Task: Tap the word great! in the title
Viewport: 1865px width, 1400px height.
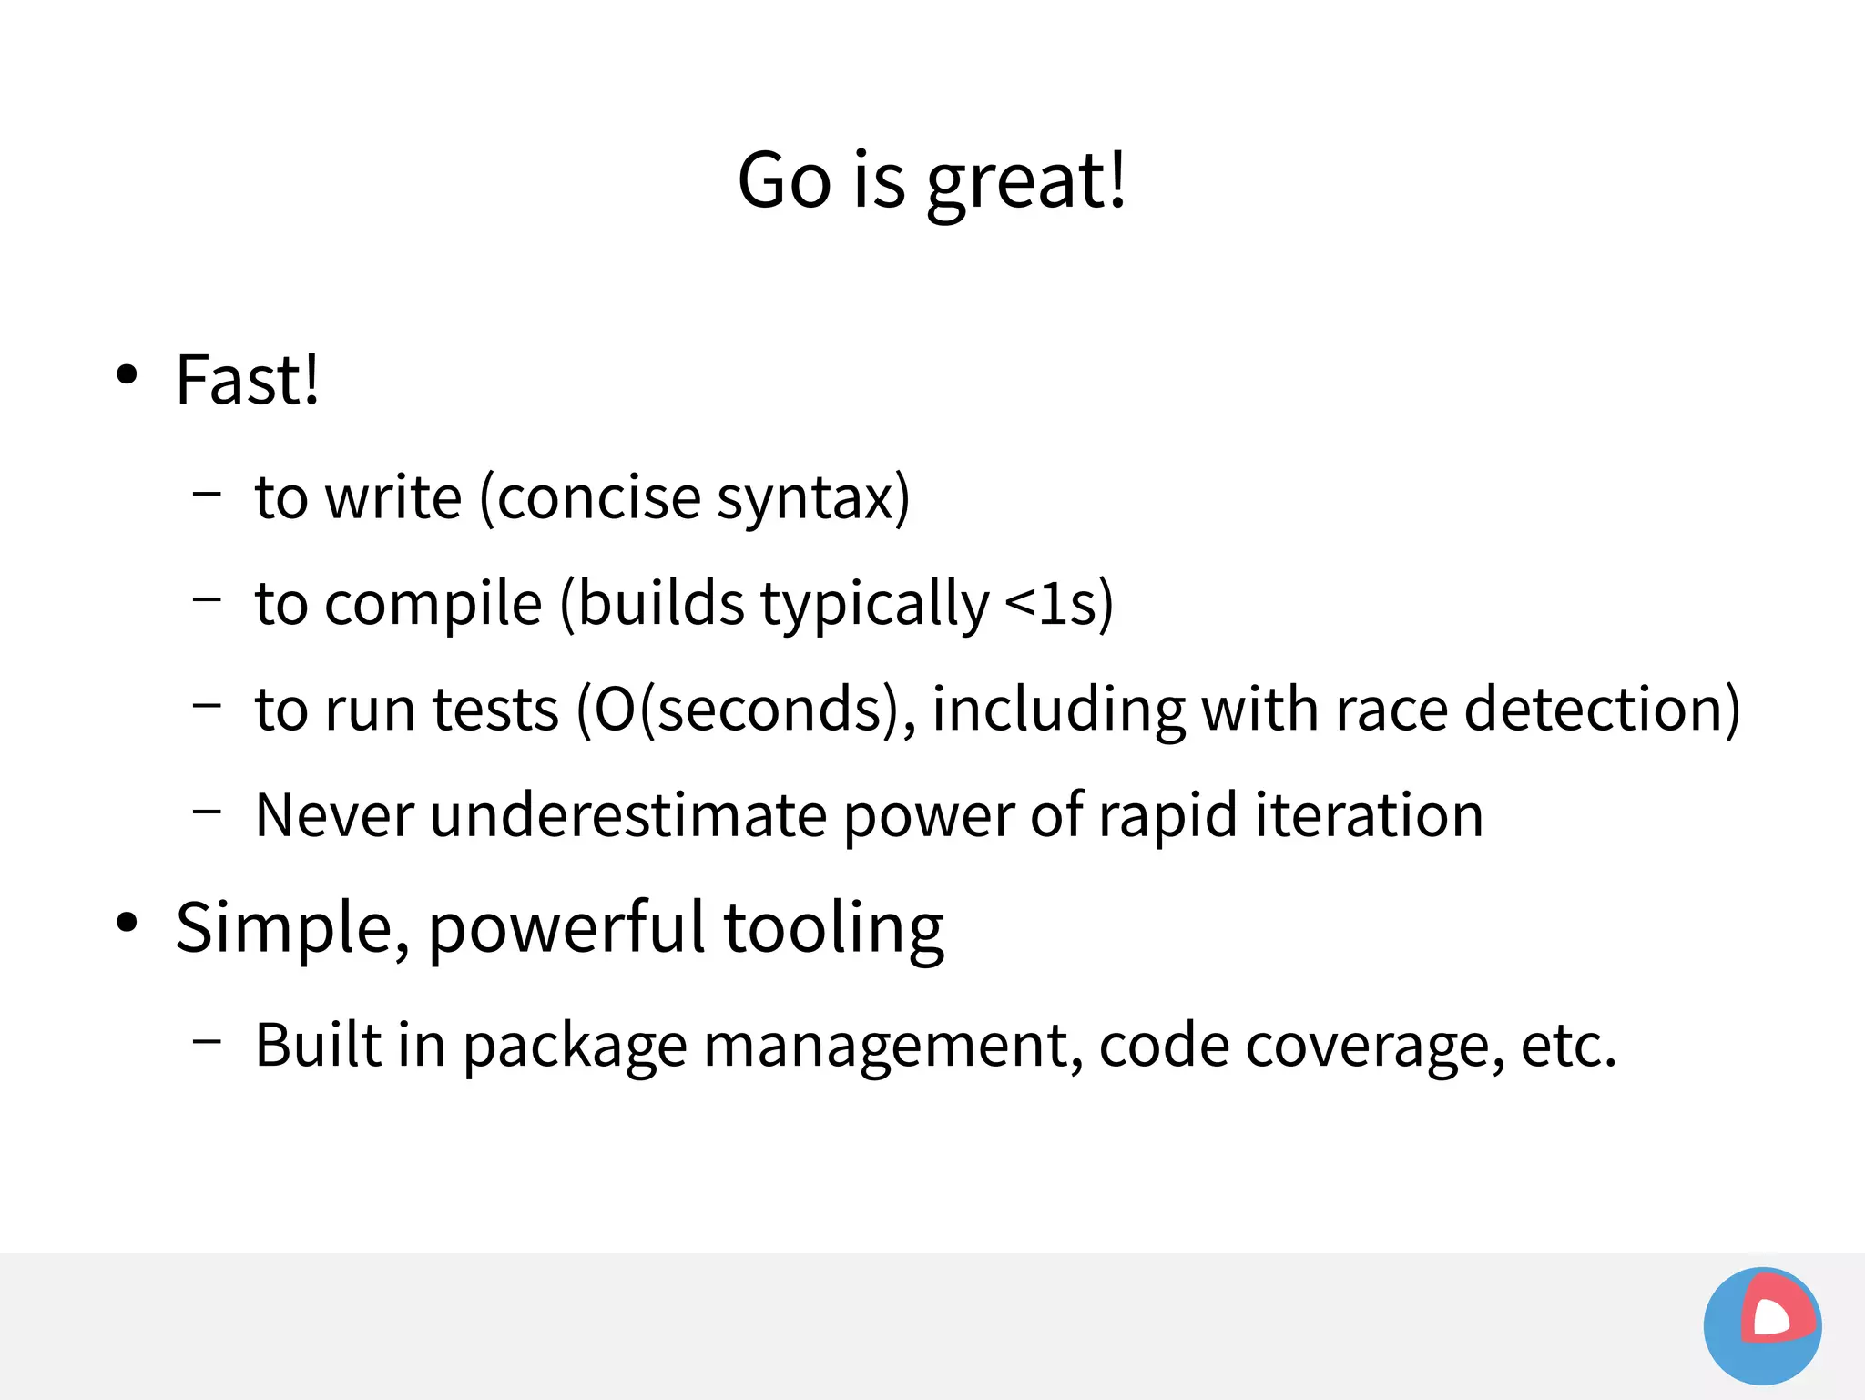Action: (x=1026, y=182)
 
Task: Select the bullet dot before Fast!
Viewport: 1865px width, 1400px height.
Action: (x=127, y=374)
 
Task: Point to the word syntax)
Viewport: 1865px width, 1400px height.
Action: (x=813, y=499)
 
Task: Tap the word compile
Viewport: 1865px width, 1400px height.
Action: (x=433, y=604)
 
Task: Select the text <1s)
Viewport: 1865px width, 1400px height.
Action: (x=1059, y=604)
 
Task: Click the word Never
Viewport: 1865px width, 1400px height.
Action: (x=334, y=815)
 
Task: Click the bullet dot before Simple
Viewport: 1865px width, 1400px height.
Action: (x=127, y=922)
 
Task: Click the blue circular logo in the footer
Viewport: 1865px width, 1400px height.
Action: (x=1762, y=1325)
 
